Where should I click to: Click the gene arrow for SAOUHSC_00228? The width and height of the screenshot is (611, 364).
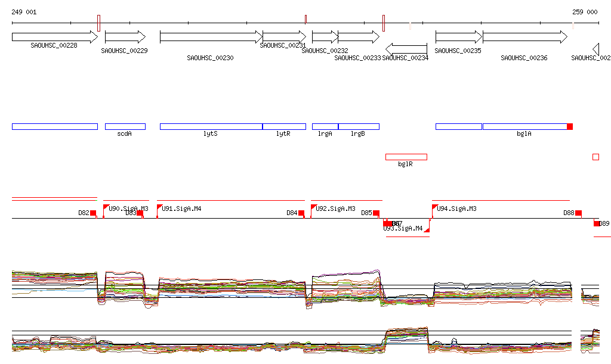click(54, 37)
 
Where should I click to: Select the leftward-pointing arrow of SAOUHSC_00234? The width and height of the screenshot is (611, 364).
click(406, 49)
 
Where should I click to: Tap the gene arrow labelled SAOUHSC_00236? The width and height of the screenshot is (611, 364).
click(524, 37)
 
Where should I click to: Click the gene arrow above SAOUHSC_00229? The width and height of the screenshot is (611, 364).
click(125, 37)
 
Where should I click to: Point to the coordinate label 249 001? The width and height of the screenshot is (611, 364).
click(24, 12)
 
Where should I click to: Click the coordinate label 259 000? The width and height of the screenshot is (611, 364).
click(585, 12)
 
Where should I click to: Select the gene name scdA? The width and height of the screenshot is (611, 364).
click(125, 134)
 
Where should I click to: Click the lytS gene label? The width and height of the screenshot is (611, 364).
click(211, 134)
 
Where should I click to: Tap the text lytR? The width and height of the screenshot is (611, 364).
click(283, 134)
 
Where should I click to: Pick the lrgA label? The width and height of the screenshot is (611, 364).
click(325, 134)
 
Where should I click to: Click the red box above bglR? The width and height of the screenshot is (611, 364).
click(406, 157)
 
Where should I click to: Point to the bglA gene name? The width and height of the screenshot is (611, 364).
click(524, 134)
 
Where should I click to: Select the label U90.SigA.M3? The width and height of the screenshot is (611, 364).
click(128, 209)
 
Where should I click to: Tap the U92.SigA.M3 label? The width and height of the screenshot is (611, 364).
click(336, 209)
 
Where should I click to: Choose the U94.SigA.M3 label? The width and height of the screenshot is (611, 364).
click(457, 209)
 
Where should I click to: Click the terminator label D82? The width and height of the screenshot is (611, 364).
click(84, 213)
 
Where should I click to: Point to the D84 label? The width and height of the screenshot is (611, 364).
click(292, 213)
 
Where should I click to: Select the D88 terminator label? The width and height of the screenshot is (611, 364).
click(569, 213)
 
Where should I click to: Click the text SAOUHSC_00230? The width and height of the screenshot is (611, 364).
click(210, 58)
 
